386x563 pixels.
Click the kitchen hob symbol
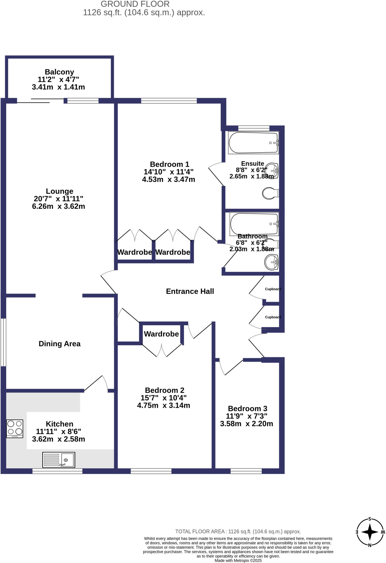[x=15, y=429]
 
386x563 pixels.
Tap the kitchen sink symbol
[x=58, y=460]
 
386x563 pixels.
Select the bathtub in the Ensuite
[x=253, y=143]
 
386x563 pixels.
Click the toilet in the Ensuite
[x=270, y=193]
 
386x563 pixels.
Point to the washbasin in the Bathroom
[x=272, y=262]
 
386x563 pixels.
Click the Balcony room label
[x=59, y=72]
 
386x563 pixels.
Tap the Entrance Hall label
[x=190, y=291]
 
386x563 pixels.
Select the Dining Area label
[x=60, y=344]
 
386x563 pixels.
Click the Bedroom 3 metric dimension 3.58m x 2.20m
[x=246, y=424]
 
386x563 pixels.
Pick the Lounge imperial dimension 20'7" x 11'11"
[x=58, y=199]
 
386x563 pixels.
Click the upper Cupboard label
[x=273, y=289]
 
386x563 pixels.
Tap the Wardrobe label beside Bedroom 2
[x=161, y=334]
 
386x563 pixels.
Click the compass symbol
[x=370, y=532]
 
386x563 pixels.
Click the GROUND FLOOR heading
[x=135, y=4]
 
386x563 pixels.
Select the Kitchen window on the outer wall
[x=57, y=471]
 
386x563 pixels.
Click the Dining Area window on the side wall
[x=3, y=342]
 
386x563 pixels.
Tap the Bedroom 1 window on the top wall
[x=169, y=101]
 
